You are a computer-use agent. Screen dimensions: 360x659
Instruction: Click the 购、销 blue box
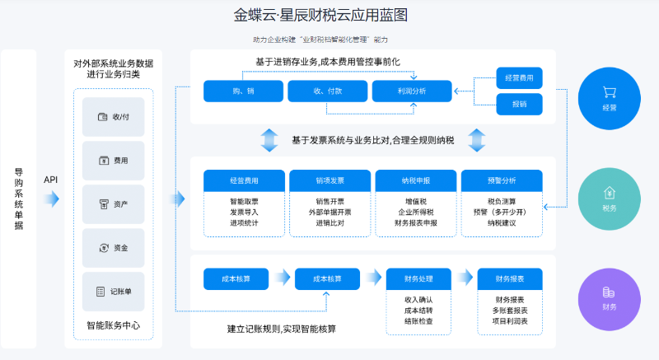(243, 91)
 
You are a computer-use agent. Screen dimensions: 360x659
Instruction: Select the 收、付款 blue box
(327, 91)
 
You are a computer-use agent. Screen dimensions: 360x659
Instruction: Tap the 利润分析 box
(411, 91)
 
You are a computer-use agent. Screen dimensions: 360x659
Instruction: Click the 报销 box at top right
(519, 104)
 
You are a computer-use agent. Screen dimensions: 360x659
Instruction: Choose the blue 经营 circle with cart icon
(610, 98)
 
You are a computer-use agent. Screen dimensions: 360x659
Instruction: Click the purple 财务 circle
(610, 297)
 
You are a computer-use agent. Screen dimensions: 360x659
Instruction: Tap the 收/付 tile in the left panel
(114, 117)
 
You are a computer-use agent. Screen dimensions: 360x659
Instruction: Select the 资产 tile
(114, 203)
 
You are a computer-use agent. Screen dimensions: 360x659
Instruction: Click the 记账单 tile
(114, 291)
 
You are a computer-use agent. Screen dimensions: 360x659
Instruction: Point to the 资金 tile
(114, 247)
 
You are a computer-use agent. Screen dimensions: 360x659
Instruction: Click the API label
(51, 179)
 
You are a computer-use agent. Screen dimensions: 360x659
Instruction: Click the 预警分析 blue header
(501, 180)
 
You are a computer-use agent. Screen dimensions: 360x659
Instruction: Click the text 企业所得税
(415, 212)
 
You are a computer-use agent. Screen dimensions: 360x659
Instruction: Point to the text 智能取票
(244, 201)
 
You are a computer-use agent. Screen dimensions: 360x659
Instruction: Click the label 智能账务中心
(113, 325)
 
